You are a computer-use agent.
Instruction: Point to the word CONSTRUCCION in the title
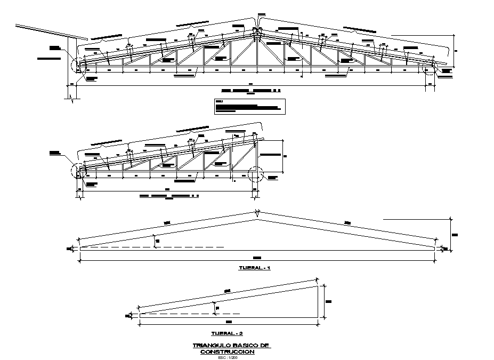click(x=228, y=352)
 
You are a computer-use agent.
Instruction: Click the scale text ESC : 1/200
click(x=227, y=357)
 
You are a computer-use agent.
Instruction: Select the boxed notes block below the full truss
click(x=249, y=107)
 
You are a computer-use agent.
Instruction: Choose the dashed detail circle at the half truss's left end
click(x=77, y=171)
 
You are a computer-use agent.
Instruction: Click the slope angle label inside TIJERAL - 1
click(x=158, y=242)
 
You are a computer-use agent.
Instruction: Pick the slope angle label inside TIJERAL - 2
click(x=217, y=308)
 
